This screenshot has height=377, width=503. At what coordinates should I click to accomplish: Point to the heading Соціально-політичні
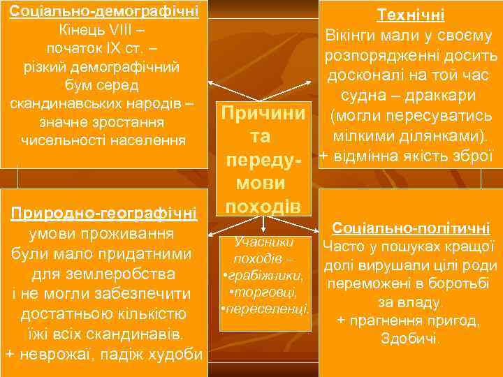tap(411, 228)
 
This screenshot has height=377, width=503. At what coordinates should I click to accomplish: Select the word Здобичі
tap(410, 339)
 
